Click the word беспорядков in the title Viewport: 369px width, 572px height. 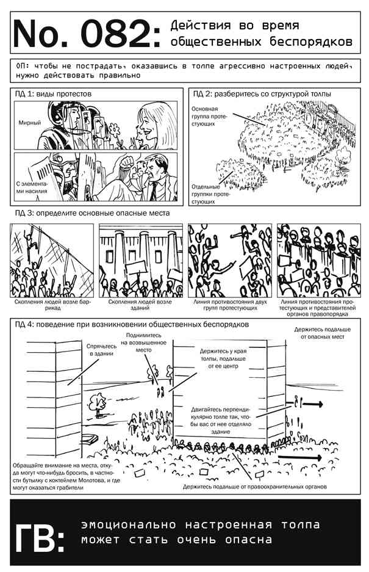[x=311, y=42]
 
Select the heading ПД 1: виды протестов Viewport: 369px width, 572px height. [x=53, y=94]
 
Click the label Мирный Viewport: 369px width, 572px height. [x=30, y=123]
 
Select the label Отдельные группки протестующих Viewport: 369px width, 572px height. [x=209, y=194]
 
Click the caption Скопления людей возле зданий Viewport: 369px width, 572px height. [x=140, y=305]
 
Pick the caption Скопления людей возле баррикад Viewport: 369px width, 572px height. [x=52, y=305]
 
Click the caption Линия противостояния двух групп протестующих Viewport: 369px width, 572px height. [x=230, y=305]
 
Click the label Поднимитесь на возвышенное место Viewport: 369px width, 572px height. [x=143, y=342]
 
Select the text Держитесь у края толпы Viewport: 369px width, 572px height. [x=223, y=355]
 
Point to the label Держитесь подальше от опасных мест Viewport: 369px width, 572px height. [x=322, y=333]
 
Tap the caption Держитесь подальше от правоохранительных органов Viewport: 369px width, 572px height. [x=254, y=487]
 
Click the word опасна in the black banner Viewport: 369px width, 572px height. [x=248, y=539]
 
